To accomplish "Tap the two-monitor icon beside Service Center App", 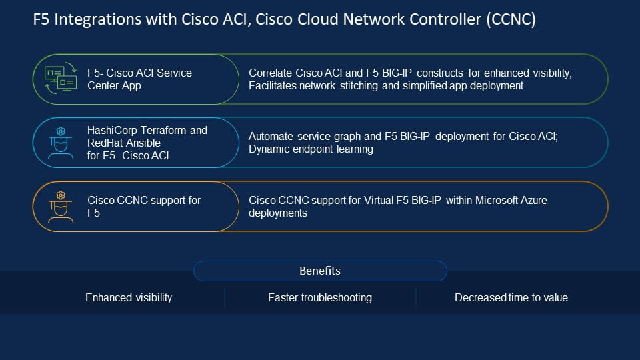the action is pos(61,78).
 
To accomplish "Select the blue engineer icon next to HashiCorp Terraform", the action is pos(61,143).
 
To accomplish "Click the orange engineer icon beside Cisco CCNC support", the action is pos(61,207).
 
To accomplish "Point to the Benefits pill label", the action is pos(320,271).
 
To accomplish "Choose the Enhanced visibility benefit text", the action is pos(129,297).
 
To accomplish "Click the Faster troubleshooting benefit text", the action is pos(320,297).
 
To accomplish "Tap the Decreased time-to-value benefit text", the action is pos(511,297).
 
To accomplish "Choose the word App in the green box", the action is pos(131,86).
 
